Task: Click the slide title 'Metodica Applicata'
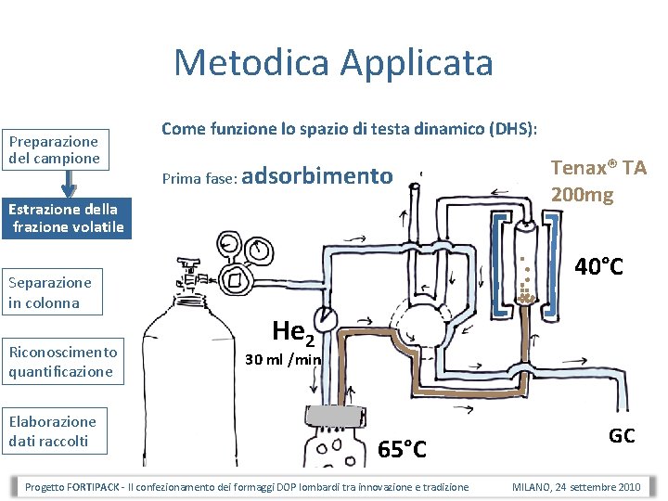(333, 63)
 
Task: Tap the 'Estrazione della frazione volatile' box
(65, 218)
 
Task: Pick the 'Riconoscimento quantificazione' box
(63, 361)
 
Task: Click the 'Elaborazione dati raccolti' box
(56, 430)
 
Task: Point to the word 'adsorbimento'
(323, 174)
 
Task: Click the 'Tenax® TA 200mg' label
(597, 181)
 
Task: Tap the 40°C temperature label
(598, 267)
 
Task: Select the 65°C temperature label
(403, 450)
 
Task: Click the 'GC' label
(622, 435)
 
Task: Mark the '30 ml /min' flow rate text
(283, 359)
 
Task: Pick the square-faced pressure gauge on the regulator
(233, 278)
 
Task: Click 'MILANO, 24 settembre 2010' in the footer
(575, 487)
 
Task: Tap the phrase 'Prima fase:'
(199, 177)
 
